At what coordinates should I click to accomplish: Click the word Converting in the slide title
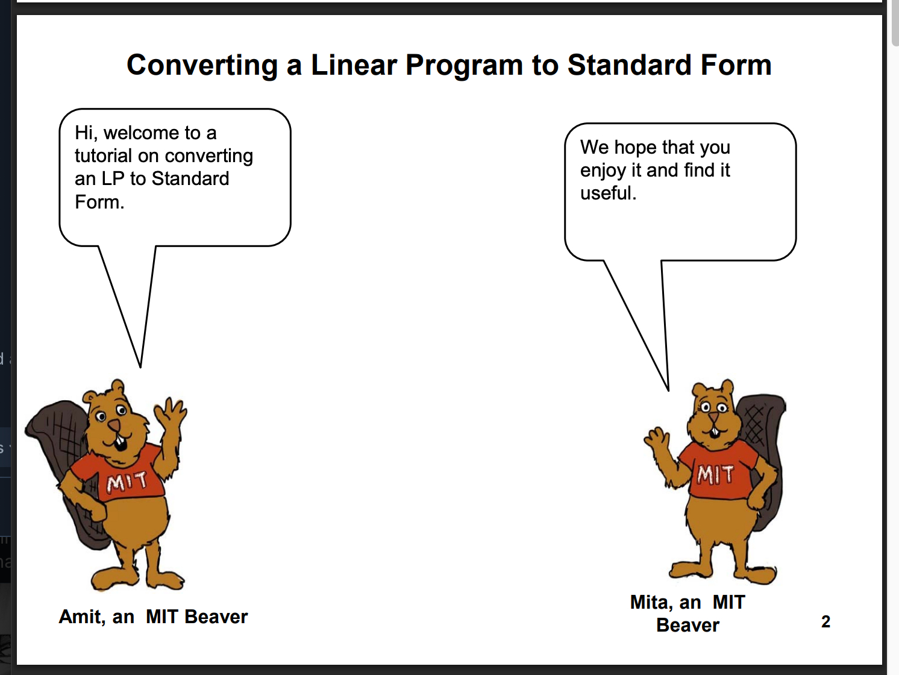pos(202,66)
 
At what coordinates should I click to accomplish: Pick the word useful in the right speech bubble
pos(606,193)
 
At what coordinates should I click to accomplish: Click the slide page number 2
pos(825,621)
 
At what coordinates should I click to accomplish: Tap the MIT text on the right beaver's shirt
pos(715,474)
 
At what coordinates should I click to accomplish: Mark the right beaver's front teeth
pos(714,432)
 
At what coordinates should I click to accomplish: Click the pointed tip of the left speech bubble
pos(140,368)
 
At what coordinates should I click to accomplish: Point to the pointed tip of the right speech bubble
pos(668,391)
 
